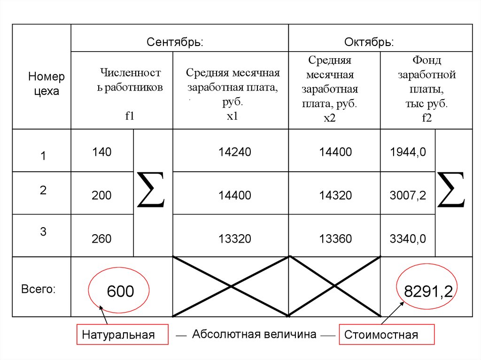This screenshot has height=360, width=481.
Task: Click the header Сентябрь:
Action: coord(175,42)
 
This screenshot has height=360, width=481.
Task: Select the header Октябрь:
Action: coord(369,42)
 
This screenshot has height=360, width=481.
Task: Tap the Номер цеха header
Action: coord(47,84)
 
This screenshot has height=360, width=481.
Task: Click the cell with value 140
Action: coord(102,152)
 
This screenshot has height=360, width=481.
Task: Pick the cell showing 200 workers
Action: coord(101,195)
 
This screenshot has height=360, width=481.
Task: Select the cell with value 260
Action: coord(101,238)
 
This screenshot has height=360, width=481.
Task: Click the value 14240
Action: coord(235,152)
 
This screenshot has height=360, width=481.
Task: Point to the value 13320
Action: coord(235,238)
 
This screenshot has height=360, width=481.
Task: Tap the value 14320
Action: coord(335,195)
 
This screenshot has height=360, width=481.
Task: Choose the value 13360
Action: coord(335,238)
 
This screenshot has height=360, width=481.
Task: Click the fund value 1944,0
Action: coord(408,152)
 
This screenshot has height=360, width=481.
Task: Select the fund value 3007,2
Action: coord(408,195)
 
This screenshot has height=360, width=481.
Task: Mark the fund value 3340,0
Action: coord(408,238)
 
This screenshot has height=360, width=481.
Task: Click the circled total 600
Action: coord(120,291)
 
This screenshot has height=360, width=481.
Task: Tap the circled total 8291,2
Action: coord(428,291)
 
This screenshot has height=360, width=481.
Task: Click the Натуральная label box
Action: coord(123,335)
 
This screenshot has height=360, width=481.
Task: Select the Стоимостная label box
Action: coord(387,335)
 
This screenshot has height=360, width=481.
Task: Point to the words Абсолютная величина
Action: coord(254,334)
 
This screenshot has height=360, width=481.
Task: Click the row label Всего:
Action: coord(39,289)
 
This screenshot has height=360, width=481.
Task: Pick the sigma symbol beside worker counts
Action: coord(151,189)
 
